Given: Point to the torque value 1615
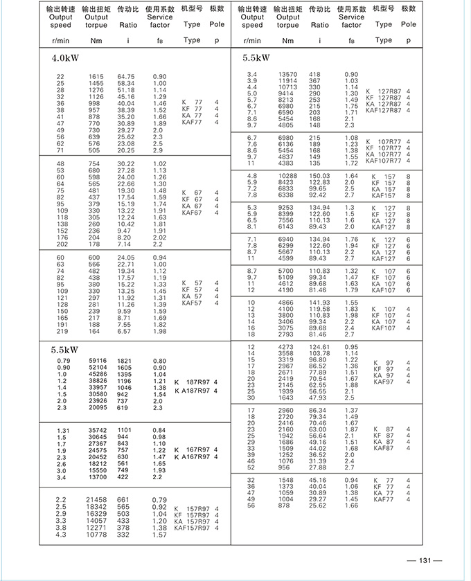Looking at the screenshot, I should (x=96, y=76).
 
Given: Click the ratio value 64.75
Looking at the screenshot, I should (x=125, y=76).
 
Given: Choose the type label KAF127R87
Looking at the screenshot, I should (x=383, y=110).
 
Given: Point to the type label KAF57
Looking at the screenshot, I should (x=192, y=303).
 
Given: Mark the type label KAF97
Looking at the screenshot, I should (x=383, y=382).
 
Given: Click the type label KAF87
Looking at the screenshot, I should (x=383, y=448).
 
